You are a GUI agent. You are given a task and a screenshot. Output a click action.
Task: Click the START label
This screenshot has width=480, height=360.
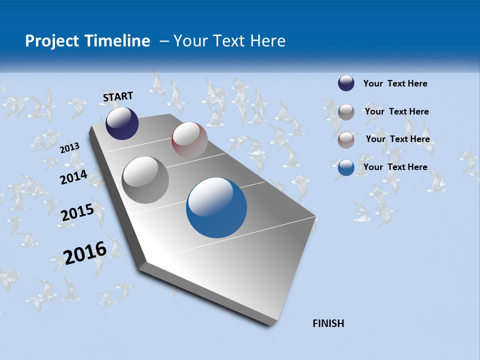point(118,96)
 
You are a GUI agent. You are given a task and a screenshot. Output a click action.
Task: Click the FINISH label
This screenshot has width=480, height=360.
point(328,323)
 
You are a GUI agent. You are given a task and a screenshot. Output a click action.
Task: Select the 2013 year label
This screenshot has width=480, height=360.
point(70,147)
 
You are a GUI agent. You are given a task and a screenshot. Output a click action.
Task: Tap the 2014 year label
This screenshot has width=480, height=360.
point(73,177)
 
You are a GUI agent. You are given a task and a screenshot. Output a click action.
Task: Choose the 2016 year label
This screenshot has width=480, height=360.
point(85,252)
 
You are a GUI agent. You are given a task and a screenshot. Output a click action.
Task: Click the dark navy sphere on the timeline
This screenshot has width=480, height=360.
point(122,123)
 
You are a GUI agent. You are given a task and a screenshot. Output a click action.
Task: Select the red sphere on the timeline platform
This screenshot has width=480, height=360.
point(189,140)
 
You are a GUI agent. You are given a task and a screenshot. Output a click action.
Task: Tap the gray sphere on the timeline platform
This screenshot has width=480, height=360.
point(145,180)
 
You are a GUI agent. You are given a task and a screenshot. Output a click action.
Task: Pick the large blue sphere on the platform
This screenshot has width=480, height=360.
point(216,207)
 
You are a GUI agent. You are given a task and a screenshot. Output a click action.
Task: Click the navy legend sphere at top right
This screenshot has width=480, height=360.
point(346,83)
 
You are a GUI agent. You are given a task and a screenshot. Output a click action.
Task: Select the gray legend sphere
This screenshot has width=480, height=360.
point(346,112)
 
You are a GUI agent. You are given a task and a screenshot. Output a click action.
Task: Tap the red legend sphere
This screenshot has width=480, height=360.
point(346,139)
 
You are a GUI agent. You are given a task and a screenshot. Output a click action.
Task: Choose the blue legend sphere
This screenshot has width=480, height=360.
point(346,167)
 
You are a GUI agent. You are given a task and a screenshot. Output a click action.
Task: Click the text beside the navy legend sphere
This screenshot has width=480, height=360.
point(395,83)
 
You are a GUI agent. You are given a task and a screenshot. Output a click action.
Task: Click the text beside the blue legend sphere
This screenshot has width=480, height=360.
point(395,167)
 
